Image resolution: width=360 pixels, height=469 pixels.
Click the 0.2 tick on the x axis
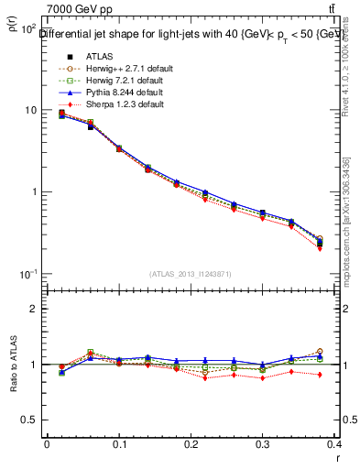pyautogui.click(x=191, y=446)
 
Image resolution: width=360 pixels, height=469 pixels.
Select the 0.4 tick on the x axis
pyautogui.click(x=335, y=446)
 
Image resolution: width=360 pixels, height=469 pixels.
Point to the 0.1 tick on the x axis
pyautogui.click(x=118, y=446)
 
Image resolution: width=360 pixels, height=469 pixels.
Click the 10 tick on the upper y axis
pyautogui.click(x=30, y=110)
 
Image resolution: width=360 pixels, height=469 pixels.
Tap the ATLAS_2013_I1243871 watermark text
pyautogui.click(x=191, y=274)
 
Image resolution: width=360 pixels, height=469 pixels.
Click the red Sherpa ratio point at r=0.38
pyautogui.click(x=320, y=375)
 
